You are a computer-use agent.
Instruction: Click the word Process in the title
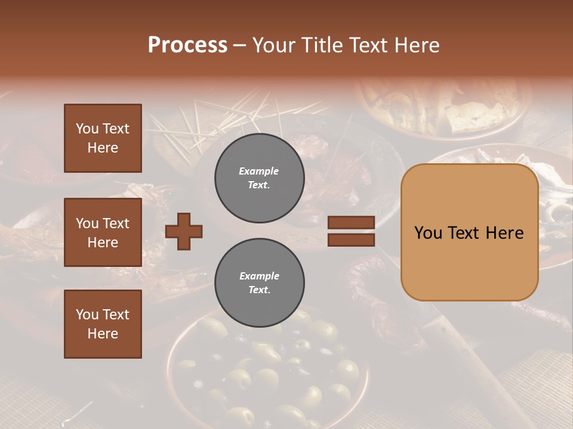pos(187,45)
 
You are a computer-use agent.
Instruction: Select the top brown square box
pos(103,138)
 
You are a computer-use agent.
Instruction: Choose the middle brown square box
pos(103,232)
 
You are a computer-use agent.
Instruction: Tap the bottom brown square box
pos(103,324)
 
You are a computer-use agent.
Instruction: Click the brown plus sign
pos(184,231)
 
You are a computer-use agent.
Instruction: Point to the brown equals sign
pos(351,231)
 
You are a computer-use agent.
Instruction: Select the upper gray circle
pos(259,178)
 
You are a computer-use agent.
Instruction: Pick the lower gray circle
pos(259,283)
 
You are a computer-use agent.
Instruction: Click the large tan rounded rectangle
pos(469,232)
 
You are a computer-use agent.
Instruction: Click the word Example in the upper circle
pos(258,172)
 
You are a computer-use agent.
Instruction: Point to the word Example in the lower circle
pos(259,276)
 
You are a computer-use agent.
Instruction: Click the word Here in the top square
pos(103,148)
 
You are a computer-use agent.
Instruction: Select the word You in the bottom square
pos(87,315)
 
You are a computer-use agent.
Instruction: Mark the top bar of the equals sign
pos(351,223)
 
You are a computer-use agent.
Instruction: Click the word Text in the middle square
pos(116,223)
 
